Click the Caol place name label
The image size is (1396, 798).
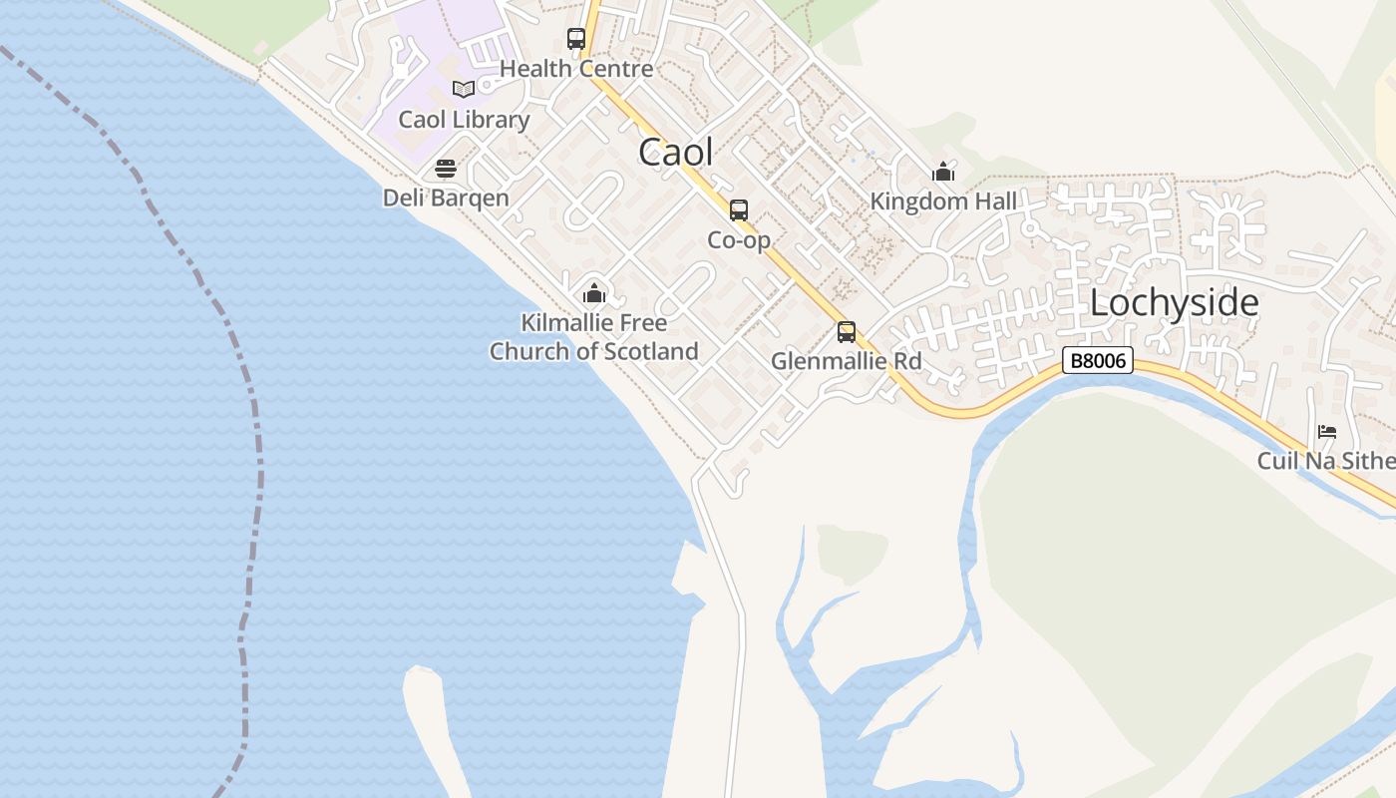pos(676,152)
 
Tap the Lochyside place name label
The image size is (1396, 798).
pos(1174,302)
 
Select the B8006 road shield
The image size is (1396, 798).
pos(1098,360)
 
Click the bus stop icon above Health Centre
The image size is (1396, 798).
pos(576,39)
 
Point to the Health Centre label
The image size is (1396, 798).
pos(576,69)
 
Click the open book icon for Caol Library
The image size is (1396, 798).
pos(463,89)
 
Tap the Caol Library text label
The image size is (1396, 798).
pos(464,120)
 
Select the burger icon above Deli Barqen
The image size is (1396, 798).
pos(446,168)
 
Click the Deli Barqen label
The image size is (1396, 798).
pos(446,198)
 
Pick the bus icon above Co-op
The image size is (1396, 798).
pos(739,210)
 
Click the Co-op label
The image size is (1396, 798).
pos(739,240)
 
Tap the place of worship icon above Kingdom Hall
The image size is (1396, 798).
pos(943,172)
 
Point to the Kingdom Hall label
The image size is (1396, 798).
pos(943,201)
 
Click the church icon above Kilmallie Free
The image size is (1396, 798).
pos(594,293)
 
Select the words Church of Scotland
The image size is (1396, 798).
pos(593,351)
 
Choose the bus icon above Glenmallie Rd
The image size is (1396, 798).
pos(847,331)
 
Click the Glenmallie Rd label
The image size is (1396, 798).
pos(847,361)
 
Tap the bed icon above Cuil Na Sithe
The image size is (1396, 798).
pos(1327,432)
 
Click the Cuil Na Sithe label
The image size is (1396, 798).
pos(1325,461)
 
